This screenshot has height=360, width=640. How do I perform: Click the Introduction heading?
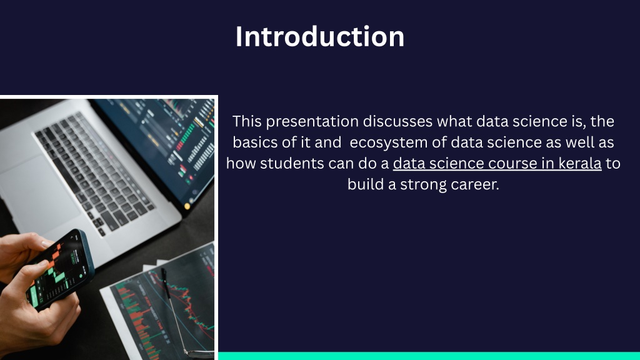pos(320,37)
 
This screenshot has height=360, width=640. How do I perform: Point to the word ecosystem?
pos(389,142)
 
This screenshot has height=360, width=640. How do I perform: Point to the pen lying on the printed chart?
pos(176,310)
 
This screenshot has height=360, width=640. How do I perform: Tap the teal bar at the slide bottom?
pos(429,356)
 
